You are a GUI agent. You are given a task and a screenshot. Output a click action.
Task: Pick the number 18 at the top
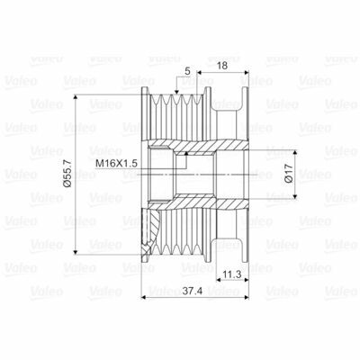220,65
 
